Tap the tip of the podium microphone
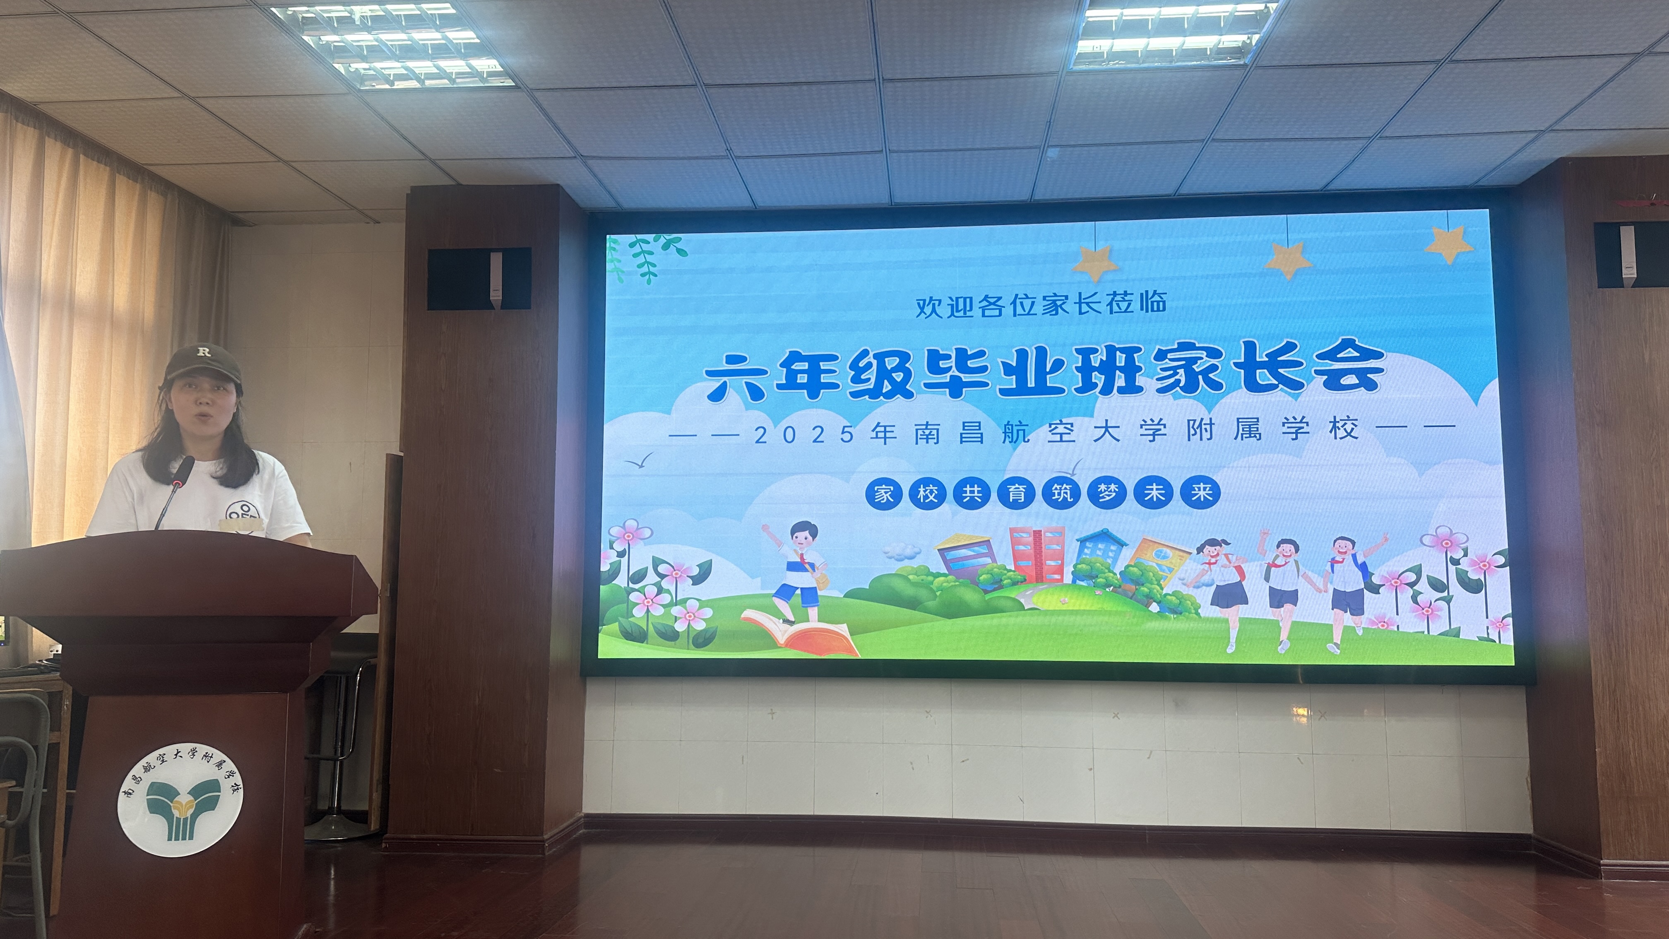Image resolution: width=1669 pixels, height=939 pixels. [188, 461]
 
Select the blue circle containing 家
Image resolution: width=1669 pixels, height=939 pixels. [884, 493]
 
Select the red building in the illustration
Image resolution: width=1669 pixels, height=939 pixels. [1037, 555]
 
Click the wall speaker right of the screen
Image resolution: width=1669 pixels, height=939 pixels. [1631, 255]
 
